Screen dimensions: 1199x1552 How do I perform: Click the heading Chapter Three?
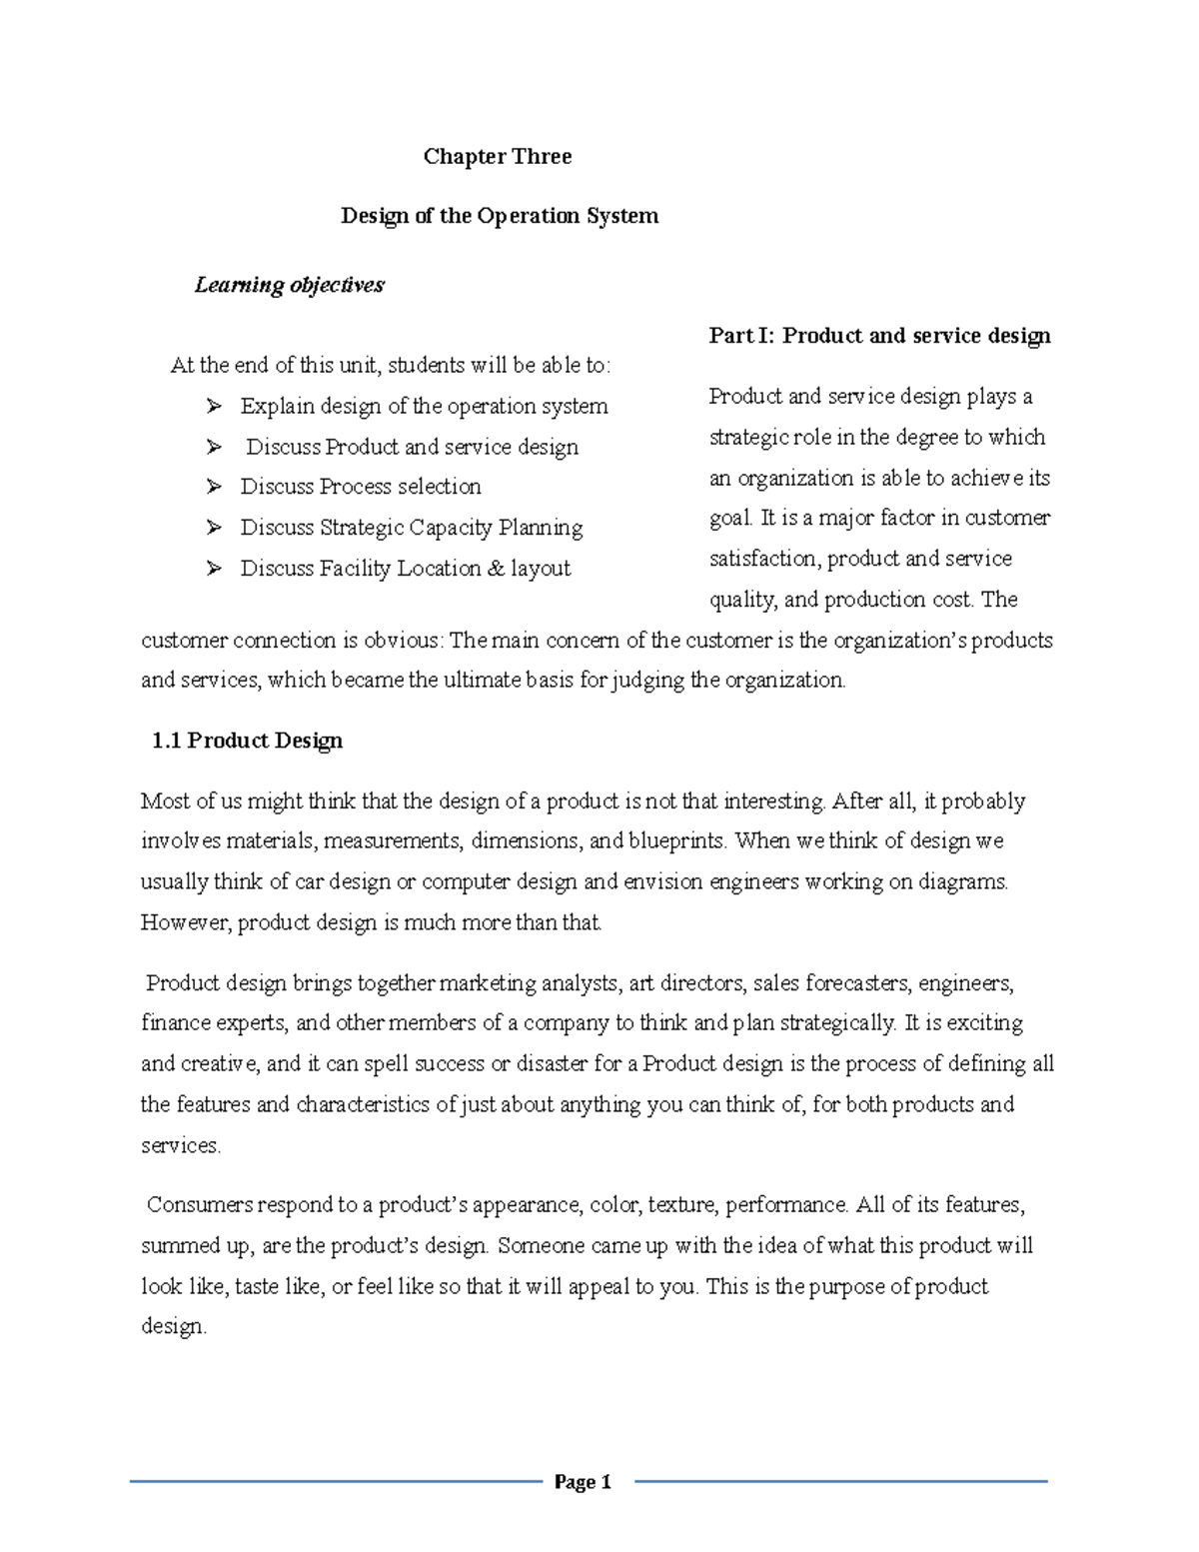tap(497, 156)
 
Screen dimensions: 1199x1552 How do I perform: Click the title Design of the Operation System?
tap(500, 216)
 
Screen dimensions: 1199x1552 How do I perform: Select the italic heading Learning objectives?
tap(289, 285)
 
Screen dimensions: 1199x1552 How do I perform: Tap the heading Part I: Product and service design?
tap(879, 336)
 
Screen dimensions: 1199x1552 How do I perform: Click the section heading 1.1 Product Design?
tap(247, 741)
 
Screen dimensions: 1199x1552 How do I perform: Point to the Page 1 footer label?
tap(583, 1482)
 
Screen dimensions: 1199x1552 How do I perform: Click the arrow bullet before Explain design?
tap(213, 406)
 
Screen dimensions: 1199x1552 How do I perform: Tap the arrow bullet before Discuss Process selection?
tap(213, 487)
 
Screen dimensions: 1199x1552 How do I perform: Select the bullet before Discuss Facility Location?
tap(213, 569)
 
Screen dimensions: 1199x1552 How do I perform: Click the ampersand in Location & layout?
tap(497, 569)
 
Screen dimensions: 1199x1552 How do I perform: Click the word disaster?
tap(553, 1063)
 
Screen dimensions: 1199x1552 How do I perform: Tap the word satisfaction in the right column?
tap(764, 559)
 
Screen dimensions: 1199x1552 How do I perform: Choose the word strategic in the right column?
tap(748, 438)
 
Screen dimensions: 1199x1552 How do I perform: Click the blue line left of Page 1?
tap(335, 1482)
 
